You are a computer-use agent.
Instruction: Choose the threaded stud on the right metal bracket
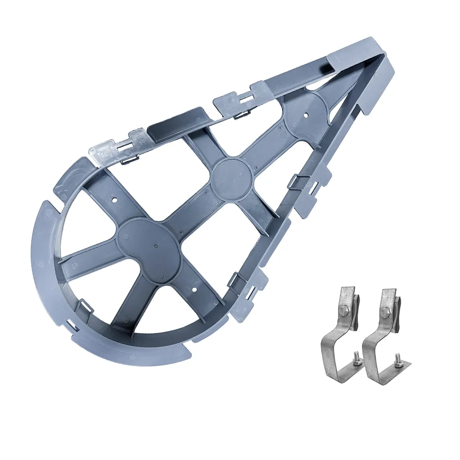(x=398, y=356)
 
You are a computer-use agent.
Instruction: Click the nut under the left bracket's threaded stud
(x=356, y=363)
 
